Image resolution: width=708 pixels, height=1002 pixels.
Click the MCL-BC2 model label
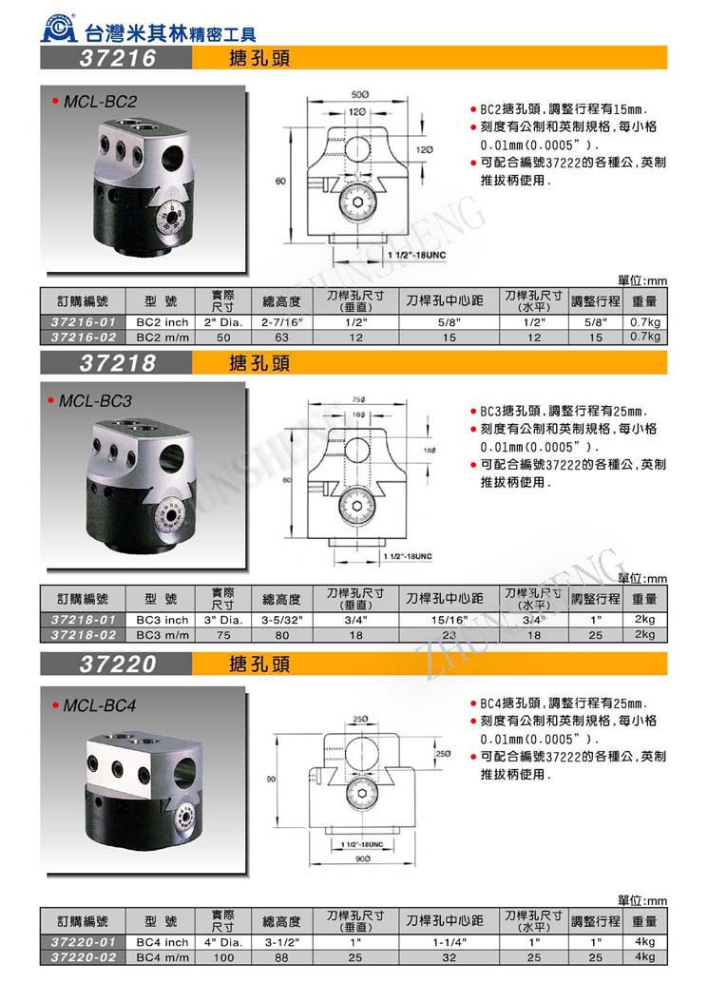click(100, 101)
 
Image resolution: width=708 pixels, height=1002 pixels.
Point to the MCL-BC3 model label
click(96, 402)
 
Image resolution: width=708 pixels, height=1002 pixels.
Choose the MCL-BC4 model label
click(100, 706)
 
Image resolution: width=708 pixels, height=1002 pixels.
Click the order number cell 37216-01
click(82, 322)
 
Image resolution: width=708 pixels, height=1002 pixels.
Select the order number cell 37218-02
click(82, 634)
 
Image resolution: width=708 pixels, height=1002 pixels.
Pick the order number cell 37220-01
click(82, 942)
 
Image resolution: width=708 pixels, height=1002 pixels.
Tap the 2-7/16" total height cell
click(281, 322)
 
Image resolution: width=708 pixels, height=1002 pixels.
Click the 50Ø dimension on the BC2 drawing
click(360, 96)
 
